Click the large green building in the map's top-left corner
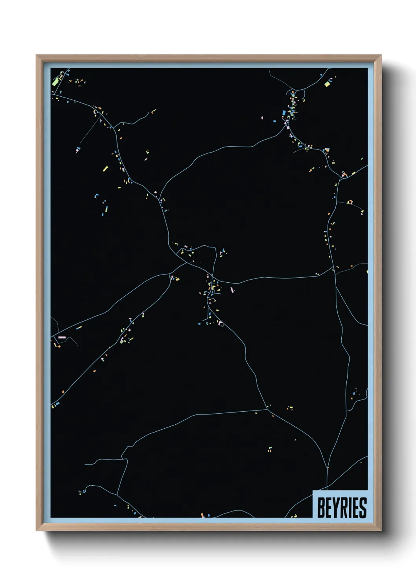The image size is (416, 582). click(55, 81)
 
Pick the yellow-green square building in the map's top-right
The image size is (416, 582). click(326, 83)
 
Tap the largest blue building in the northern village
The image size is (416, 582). click(284, 113)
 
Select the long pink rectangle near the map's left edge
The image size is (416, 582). click(62, 337)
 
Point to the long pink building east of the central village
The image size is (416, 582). click(232, 290)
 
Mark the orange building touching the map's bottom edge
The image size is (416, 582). click(202, 515)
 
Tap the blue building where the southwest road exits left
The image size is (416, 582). click(57, 403)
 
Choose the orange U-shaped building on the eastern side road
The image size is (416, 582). click(350, 202)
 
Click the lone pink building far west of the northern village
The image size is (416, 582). click(262, 117)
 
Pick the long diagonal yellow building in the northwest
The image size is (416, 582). click(105, 169)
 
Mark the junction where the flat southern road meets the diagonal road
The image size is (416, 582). click(267, 410)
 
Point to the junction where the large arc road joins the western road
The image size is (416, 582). click(160, 199)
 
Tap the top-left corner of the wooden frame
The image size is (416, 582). click(37, 55)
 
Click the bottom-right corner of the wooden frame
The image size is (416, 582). click(381, 530)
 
